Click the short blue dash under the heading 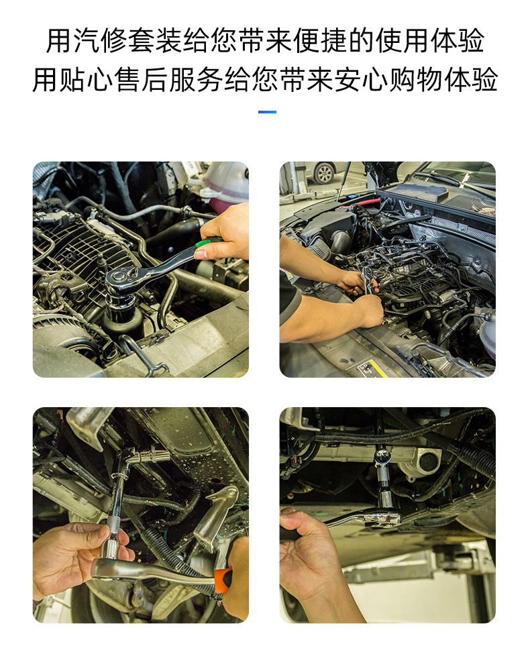(x=267, y=112)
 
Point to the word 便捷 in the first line (x=319, y=41)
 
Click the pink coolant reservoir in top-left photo (x=226, y=184)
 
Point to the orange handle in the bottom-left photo (x=223, y=580)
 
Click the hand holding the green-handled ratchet (x=225, y=233)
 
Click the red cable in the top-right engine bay (x=360, y=203)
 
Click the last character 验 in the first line (x=471, y=41)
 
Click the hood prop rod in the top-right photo (x=343, y=181)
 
